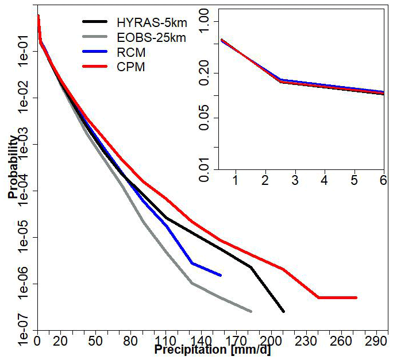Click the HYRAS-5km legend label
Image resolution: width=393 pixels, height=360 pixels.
pyautogui.click(x=147, y=23)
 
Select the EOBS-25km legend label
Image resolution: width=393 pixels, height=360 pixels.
pyautogui.click(x=149, y=38)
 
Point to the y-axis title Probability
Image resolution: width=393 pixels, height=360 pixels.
pyautogui.click(x=13, y=167)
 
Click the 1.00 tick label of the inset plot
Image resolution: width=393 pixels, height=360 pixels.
pyautogui.click(x=206, y=21)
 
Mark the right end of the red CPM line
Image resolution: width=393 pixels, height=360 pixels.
pyautogui.click(x=356, y=297)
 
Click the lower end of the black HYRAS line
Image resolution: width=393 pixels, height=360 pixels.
pyautogui.click(x=283, y=311)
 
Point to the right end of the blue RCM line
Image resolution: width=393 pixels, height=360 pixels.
pyautogui.click(x=221, y=275)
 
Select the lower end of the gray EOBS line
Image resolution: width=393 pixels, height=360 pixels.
pyautogui.click(x=251, y=311)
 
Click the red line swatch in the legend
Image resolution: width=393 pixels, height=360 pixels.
pyautogui.click(x=95, y=67)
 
